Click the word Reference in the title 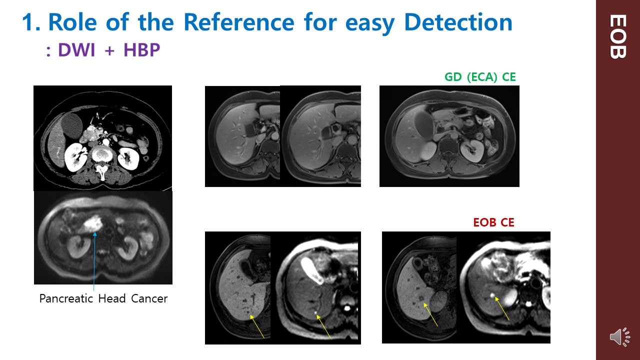(239, 22)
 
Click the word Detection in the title (458, 22)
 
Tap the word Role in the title (73, 22)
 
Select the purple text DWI (76, 50)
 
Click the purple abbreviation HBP (141, 50)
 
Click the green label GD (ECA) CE (480, 77)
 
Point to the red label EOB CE (493, 222)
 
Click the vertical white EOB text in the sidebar (618, 36)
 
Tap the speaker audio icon (619, 337)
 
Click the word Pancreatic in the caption (66, 298)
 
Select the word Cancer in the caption (149, 298)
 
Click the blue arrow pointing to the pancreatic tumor (94, 261)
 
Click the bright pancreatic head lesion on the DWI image (91, 223)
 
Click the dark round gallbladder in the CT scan (72, 126)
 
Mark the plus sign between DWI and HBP (109, 51)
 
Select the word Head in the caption (112, 298)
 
